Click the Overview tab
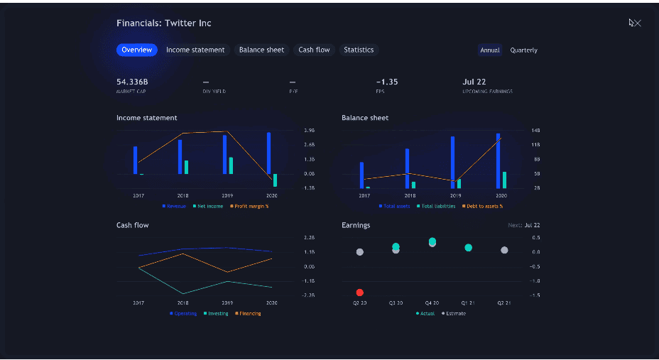click(x=136, y=50)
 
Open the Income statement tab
click(x=195, y=50)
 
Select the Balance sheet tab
click(x=261, y=50)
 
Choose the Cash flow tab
click(x=314, y=50)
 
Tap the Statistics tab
click(x=359, y=50)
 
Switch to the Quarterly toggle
click(x=523, y=50)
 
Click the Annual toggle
click(x=490, y=50)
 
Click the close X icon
click(x=636, y=23)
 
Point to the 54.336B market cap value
click(x=132, y=82)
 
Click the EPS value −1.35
click(x=387, y=82)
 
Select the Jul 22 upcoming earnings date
click(x=474, y=82)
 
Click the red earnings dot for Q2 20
click(x=360, y=293)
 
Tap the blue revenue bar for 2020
click(x=268, y=153)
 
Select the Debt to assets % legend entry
click(x=484, y=206)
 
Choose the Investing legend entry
click(x=216, y=313)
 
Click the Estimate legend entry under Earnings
click(x=455, y=313)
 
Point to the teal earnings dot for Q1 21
click(x=469, y=248)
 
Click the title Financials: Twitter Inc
click(x=164, y=23)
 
